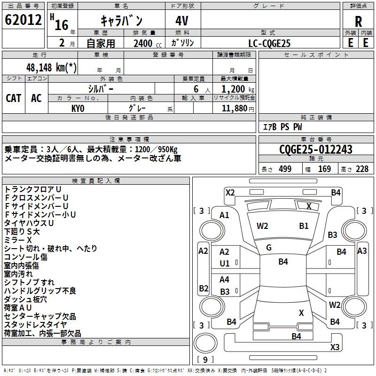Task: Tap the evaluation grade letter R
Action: coord(358,22)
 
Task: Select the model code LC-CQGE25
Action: coord(270,43)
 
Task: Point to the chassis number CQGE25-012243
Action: coord(315,150)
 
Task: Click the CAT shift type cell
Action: coord(14,98)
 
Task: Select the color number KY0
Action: coord(78,108)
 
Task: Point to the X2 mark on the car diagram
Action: coord(230,192)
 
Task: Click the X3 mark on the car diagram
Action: coord(335,347)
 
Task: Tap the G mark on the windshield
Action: coord(268,248)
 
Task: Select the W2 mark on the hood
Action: coord(262,226)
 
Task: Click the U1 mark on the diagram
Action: coord(225,263)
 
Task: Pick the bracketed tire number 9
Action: coord(205,360)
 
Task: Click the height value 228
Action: coord(361,169)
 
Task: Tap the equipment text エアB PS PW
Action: coord(282,127)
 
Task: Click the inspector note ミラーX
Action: coord(18,240)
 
